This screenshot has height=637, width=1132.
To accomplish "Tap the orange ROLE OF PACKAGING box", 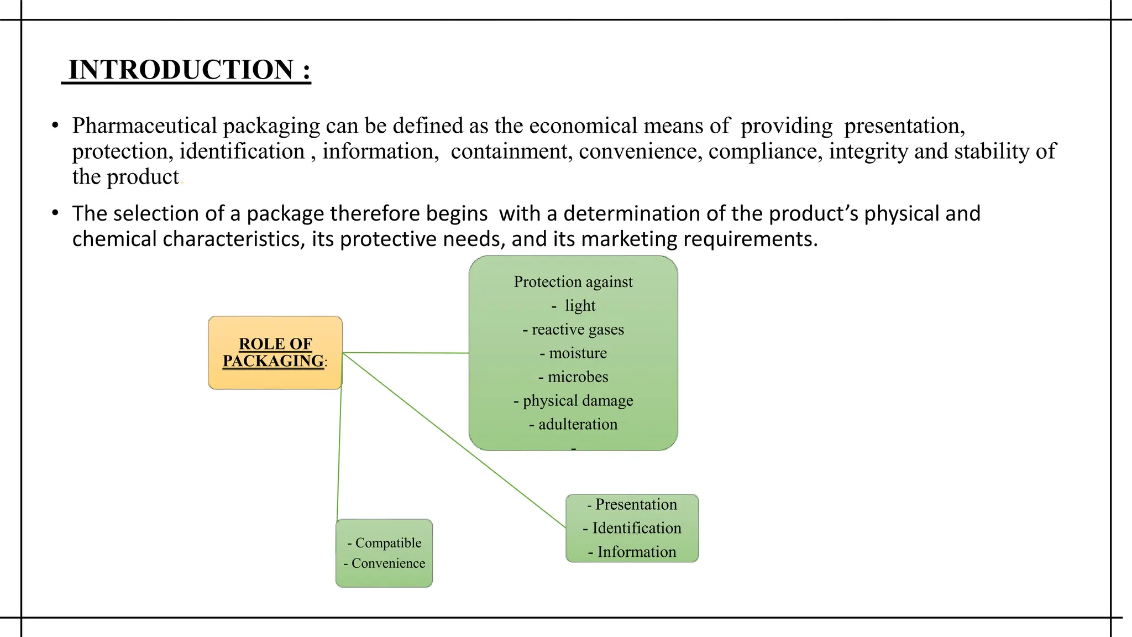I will [x=275, y=352].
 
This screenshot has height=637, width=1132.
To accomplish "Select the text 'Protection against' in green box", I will [x=573, y=282].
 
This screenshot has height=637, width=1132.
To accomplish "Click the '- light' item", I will [x=574, y=306].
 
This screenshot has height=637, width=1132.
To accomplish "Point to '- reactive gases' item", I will [x=573, y=330].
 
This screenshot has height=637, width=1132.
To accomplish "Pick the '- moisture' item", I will [x=573, y=353].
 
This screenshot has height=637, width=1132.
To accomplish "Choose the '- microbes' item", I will [x=573, y=377].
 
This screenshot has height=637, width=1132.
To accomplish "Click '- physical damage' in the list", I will [x=573, y=401].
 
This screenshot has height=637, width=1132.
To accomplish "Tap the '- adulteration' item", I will [x=573, y=425].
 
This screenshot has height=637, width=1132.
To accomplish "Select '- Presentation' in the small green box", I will [x=632, y=504].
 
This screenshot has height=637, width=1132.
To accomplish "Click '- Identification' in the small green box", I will [x=632, y=528].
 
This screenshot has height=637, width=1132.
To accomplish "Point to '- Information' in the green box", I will [x=632, y=552].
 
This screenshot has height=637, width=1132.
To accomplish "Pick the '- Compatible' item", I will [x=384, y=543].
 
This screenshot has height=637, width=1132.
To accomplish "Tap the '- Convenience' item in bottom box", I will [x=384, y=563].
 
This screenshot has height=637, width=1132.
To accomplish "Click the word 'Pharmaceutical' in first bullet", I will [x=144, y=126].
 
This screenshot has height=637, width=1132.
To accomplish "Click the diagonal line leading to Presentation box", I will [x=453, y=440].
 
